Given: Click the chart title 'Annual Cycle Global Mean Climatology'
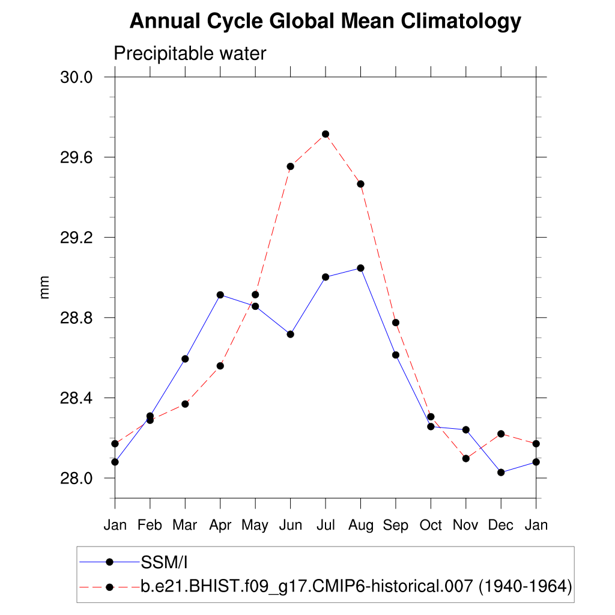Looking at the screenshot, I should [325, 22].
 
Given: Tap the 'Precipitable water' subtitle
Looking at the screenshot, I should [190, 54].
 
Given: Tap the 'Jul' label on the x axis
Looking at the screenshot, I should [325, 526].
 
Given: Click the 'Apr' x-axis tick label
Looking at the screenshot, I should [220, 526].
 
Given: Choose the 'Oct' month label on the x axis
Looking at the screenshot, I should [431, 526].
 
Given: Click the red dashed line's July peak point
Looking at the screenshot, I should [326, 134].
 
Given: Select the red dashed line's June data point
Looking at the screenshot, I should [290, 166].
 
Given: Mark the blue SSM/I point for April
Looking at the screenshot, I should [220, 295].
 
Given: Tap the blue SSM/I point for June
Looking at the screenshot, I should [290, 334].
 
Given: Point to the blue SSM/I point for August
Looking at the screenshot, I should [360, 268].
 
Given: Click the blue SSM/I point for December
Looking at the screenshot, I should [501, 473].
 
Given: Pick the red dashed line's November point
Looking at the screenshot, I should [466, 458].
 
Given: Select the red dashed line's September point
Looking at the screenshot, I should [396, 323].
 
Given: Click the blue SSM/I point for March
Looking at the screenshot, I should [185, 359].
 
